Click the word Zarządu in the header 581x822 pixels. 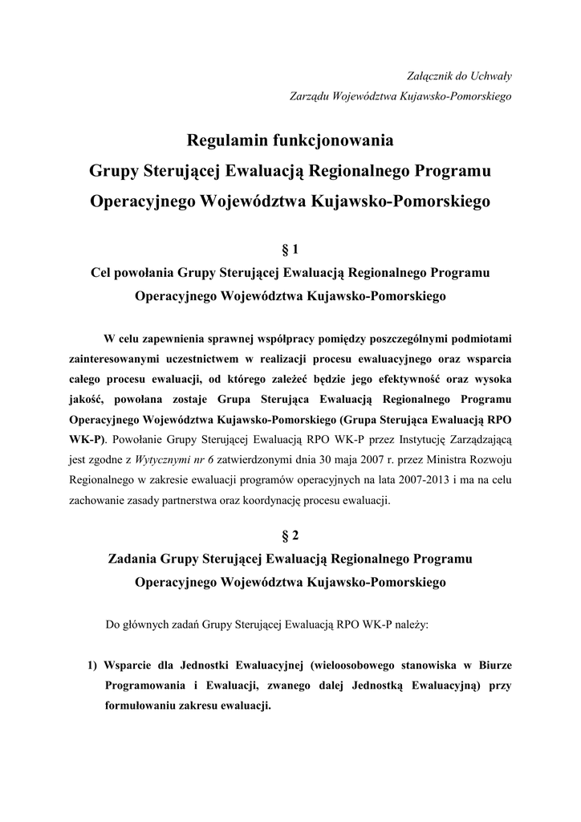(x=309, y=96)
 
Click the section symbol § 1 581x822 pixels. (x=290, y=250)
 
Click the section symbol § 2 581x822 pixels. (x=290, y=533)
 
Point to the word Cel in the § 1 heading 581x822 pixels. (x=102, y=273)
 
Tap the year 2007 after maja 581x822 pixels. (x=388, y=461)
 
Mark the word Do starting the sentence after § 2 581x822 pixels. (x=113, y=624)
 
